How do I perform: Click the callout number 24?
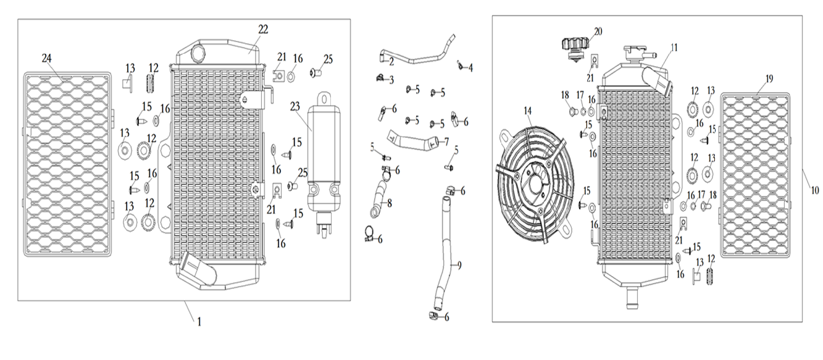click(46, 58)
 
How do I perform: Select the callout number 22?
click(263, 30)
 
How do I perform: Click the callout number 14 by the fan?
click(527, 111)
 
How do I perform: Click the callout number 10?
click(815, 191)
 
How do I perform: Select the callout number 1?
click(199, 321)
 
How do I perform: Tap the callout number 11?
click(674, 47)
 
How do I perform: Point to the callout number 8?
click(389, 202)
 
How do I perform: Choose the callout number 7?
click(446, 142)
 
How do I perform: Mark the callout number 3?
click(391, 80)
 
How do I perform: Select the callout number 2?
click(391, 61)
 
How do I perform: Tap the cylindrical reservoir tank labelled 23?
click(324, 154)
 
